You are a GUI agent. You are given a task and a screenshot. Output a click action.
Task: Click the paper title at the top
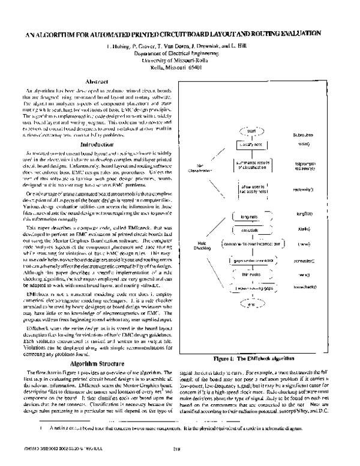coord(180,34)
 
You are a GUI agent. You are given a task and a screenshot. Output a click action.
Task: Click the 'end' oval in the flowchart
coord(253,304)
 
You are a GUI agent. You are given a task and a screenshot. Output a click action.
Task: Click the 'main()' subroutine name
coord(320,145)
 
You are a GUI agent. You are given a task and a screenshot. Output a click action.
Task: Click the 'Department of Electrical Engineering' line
coord(180,53)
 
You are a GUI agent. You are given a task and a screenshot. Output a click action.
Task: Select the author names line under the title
coord(180,46)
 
